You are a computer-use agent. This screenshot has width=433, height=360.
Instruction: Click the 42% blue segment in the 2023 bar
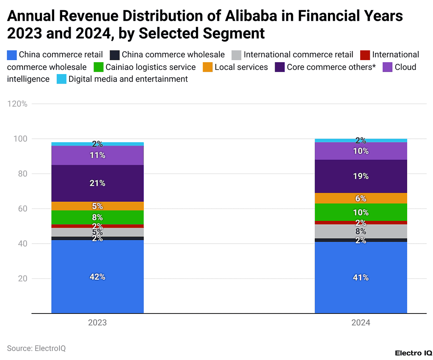[97, 277]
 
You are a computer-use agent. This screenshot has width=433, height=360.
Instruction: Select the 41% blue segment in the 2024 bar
[361, 278]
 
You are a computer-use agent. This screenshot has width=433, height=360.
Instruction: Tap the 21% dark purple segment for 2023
[97, 183]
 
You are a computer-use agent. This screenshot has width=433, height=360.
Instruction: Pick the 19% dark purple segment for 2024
[361, 176]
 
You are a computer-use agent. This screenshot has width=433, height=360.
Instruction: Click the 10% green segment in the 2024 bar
[361, 212]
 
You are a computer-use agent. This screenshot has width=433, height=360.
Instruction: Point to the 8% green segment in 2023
[97, 217]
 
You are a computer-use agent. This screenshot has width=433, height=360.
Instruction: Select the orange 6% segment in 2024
[361, 198]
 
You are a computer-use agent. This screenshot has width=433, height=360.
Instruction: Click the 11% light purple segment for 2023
[97, 155]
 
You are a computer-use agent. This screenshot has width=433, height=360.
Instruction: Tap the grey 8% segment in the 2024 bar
[361, 231]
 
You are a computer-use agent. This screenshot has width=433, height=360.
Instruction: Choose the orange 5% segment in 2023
[97, 206]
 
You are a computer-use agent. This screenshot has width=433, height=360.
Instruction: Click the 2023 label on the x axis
[97, 323]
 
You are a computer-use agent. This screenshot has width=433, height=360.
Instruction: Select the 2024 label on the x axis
[361, 323]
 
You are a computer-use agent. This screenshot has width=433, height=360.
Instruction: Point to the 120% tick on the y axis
[17, 104]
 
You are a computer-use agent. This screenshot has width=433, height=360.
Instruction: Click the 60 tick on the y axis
[22, 209]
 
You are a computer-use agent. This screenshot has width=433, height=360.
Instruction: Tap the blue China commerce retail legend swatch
[12, 55]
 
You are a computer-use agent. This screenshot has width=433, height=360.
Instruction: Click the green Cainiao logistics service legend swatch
[98, 67]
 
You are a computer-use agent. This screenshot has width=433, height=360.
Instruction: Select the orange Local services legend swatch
[207, 67]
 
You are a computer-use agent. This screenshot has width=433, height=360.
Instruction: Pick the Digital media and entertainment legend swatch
[61, 79]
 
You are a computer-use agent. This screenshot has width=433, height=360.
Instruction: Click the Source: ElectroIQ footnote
[36, 348]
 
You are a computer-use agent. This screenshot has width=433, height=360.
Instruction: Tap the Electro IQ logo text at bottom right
[413, 352]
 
